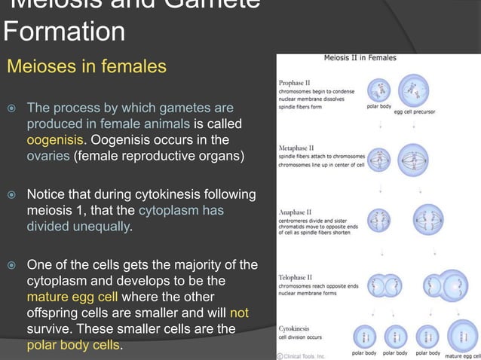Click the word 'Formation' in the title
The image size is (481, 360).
click(x=64, y=32)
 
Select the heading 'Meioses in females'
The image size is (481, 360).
click(x=87, y=67)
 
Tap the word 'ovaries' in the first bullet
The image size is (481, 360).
click(x=48, y=157)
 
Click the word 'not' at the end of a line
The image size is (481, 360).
click(x=240, y=313)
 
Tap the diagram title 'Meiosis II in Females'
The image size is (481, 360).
click(x=360, y=58)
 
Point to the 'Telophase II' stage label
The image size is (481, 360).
click(x=296, y=267)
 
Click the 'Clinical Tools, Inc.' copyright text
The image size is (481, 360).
click(x=304, y=354)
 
